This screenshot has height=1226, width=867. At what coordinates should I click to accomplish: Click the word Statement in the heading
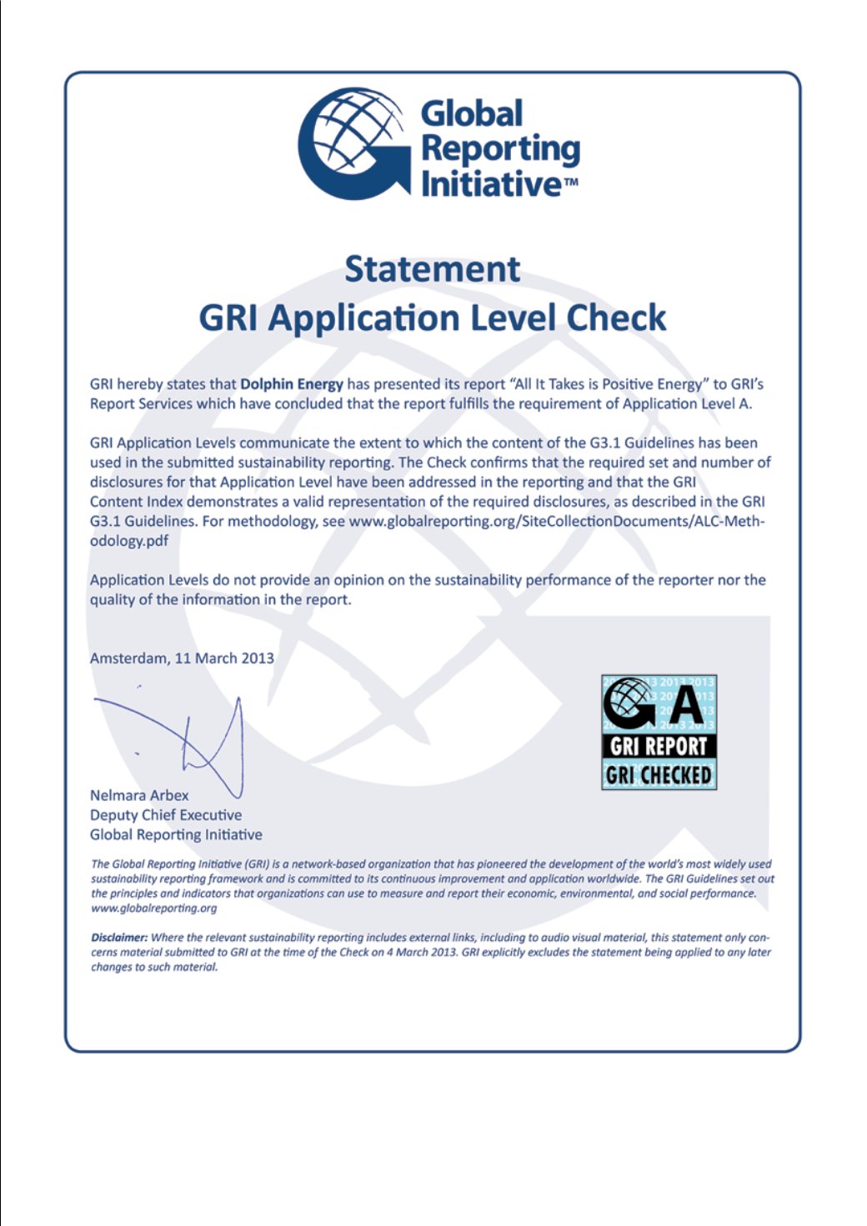point(433,269)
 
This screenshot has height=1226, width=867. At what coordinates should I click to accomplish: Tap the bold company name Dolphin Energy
point(292,384)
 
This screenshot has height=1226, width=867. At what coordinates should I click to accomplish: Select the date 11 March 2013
point(224,658)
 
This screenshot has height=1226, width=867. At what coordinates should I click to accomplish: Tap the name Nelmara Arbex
point(139,795)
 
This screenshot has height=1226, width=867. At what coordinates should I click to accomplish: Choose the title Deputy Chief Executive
point(166,814)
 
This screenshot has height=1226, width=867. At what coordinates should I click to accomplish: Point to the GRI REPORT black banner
point(659,746)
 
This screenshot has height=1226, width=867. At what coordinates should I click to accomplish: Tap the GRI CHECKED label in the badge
point(659,775)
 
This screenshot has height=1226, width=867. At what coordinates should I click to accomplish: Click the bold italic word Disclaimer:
point(119,938)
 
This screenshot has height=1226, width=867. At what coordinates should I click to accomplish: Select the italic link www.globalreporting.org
point(154,908)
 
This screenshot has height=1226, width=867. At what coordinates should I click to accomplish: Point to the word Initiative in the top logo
point(492,183)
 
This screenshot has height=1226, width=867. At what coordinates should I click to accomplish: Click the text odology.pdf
point(129,540)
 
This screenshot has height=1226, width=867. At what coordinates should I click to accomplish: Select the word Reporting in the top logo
point(500,148)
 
